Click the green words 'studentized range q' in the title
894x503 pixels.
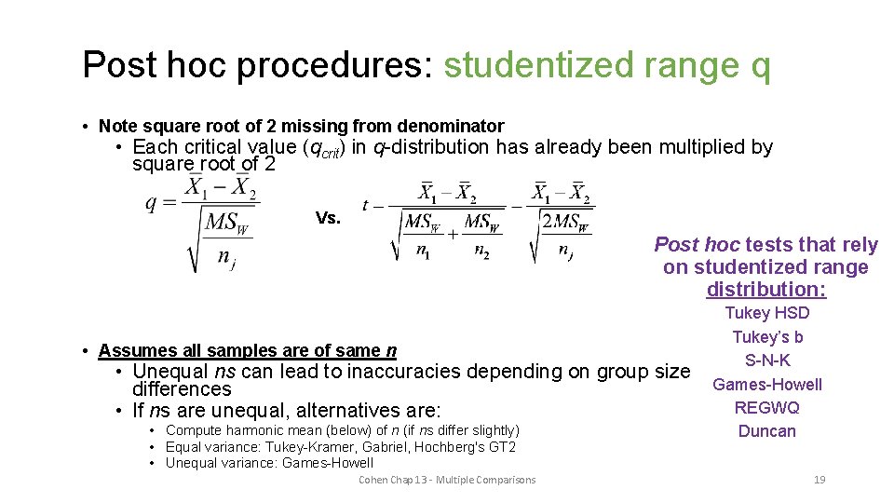pos(607,65)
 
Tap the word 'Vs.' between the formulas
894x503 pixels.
pos(328,218)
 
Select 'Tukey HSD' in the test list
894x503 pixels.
pos(766,313)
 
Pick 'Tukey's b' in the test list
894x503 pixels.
pos(767,337)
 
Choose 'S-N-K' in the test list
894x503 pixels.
pos(767,360)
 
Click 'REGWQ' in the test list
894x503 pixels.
pos(767,408)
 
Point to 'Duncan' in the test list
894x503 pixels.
pos(767,431)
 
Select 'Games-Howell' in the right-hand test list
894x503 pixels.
pos(767,384)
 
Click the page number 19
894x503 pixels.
pos(819,480)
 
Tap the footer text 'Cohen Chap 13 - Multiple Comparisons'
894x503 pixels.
pos(447,480)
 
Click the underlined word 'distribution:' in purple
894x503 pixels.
pos(766,290)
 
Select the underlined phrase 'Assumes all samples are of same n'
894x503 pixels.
pos(248,351)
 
